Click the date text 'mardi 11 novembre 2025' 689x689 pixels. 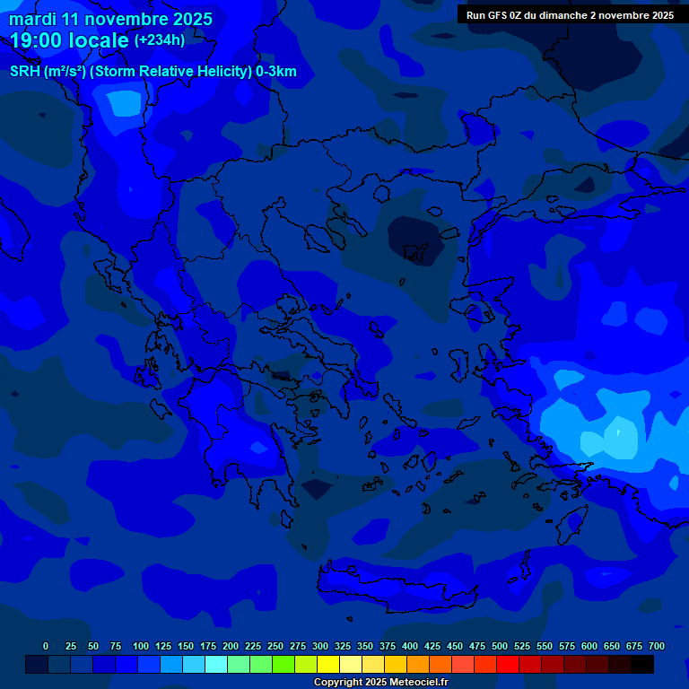[110, 19]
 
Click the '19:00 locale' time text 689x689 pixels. [70, 41]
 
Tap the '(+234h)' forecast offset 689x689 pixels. [159, 40]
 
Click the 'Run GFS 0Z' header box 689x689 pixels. [570, 15]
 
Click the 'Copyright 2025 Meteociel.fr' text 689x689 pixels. [380, 682]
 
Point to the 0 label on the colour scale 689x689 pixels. [46, 646]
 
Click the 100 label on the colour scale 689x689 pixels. [140, 646]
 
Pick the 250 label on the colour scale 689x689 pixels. [275, 646]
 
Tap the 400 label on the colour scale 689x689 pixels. [409, 646]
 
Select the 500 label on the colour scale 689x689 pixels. [499, 646]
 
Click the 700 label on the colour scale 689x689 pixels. [656, 646]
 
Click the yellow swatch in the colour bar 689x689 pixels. [328, 664]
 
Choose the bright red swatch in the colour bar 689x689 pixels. [508, 664]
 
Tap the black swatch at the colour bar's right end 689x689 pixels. [642, 664]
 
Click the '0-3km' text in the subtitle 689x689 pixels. [276, 72]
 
